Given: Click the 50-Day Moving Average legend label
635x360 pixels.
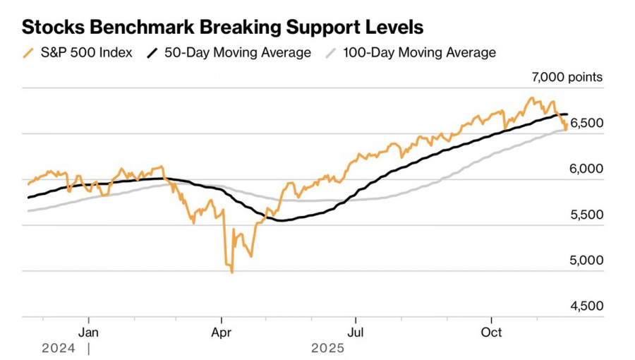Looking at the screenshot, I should tap(237, 53).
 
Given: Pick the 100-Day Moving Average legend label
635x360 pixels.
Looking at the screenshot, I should tap(419, 53).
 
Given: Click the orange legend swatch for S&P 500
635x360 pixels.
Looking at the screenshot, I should tap(28, 53).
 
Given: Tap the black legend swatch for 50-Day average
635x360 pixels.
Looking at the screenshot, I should tap(152, 53).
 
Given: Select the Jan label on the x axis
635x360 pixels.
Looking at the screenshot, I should tap(88, 331).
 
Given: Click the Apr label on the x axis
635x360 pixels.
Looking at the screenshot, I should tap(222, 331).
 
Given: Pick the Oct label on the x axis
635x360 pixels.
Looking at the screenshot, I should tap(491, 331).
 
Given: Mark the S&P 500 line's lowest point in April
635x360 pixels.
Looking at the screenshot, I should tap(232, 272).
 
